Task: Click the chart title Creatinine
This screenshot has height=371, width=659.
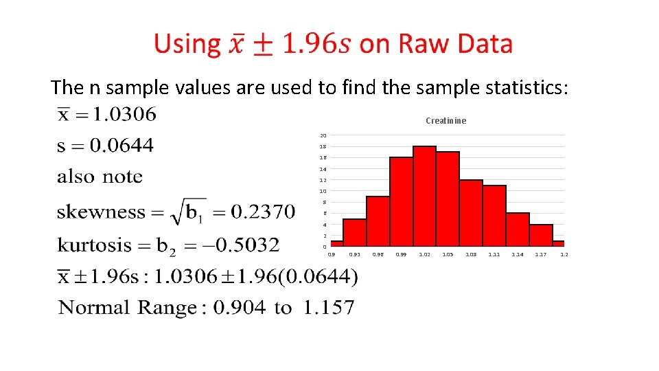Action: (446, 121)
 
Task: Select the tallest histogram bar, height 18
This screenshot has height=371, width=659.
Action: (425, 196)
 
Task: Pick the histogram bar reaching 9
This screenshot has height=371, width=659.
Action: (378, 221)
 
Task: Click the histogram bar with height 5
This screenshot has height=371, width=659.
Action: (355, 232)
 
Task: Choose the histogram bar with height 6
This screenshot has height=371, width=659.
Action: (518, 229)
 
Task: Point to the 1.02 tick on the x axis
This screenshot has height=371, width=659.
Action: (425, 255)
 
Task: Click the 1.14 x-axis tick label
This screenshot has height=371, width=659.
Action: (518, 255)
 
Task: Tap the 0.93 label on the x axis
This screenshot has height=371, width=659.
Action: (355, 255)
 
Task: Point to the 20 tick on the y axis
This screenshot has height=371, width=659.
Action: (323, 135)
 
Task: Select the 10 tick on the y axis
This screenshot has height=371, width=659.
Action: (323, 191)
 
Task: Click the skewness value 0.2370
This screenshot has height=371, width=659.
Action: (263, 212)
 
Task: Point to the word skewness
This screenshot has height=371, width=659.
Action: (101, 212)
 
